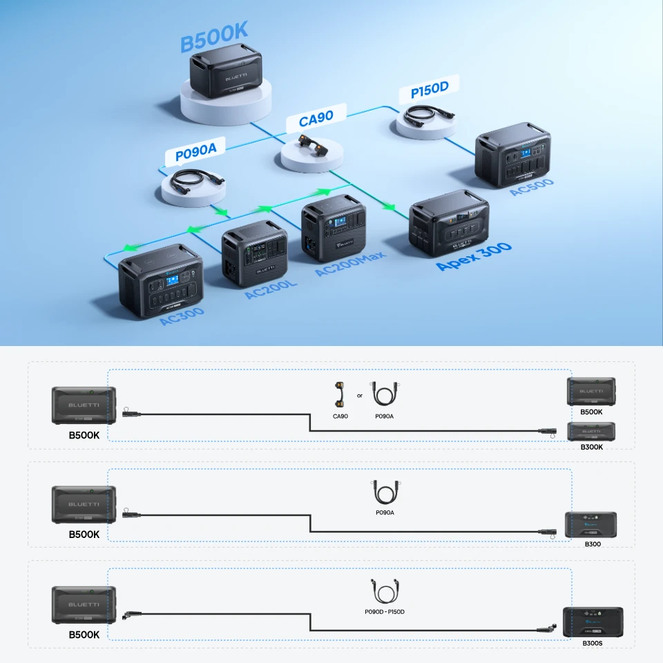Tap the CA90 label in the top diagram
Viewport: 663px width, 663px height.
click(316, 118)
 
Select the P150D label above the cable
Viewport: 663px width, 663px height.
click(430, 90)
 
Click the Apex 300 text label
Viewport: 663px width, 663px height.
click(474, 256)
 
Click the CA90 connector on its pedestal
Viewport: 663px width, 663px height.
click(311, 144)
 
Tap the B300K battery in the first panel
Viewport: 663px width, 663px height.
click(591, 432)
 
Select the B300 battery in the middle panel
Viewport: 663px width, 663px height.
click(590, 525)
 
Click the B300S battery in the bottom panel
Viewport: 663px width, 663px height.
click(592, 622)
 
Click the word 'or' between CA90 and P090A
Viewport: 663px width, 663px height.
click(360, 396)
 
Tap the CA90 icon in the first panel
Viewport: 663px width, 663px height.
click(339, 396)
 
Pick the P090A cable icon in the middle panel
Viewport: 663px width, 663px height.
click(385, 492)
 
